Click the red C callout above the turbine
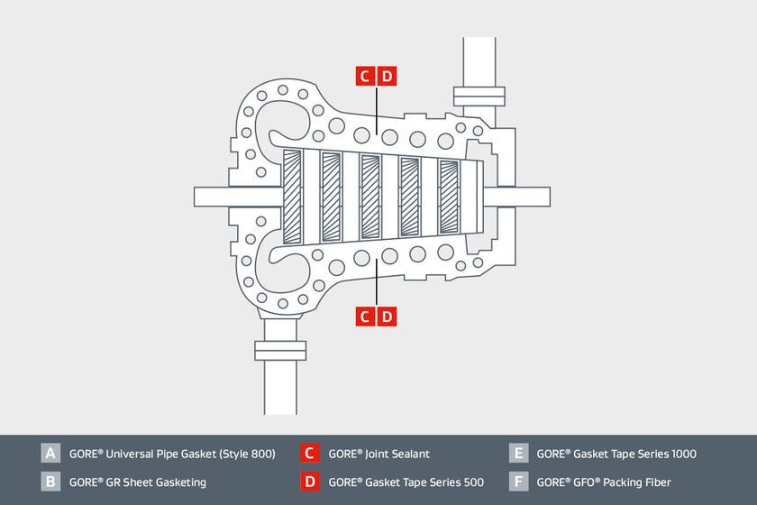[x=365, y=76]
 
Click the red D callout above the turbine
[x=387, y=76]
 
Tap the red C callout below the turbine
[x=365, y=316]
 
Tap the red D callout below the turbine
[x=387, y=316]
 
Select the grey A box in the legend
[x=50, y=454]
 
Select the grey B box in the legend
[x=50, y=482]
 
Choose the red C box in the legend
[x=309, y=454]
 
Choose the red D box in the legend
[x=309, y=482]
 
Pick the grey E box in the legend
[x=517, y=454]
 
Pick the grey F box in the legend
[x=517, y=482]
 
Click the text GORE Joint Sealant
[x=378, y=454]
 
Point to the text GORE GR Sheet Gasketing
[x=137, y=482]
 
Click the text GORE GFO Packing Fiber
[x=603, y=482]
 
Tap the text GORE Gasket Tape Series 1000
[x=616, y=454]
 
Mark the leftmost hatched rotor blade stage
[x=292, y=197]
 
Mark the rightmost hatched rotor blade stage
[x=448, y=197]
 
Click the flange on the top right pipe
[x=478, y=96]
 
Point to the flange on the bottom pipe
[x=280, y=350]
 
